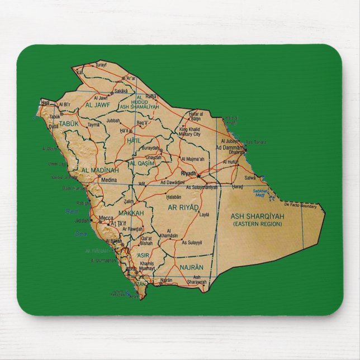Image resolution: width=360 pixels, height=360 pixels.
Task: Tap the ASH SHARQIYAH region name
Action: coord(258,215)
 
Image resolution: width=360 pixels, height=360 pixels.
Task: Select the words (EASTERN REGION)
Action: coord(258,224)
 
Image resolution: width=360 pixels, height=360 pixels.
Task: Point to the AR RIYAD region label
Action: coord(183,207)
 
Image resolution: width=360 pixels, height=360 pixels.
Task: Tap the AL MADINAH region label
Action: coord(100,170)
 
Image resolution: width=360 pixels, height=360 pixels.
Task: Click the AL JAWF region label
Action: coord(97,104)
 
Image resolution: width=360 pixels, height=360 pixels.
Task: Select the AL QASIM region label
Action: coord(141,163)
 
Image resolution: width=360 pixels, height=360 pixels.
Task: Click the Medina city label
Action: coord(108,181)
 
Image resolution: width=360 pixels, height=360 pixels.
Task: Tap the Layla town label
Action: coord(204,214)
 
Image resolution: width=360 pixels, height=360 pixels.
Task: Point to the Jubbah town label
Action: coord(113,120)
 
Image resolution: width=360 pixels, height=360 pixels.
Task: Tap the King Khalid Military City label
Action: coord(190,132)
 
